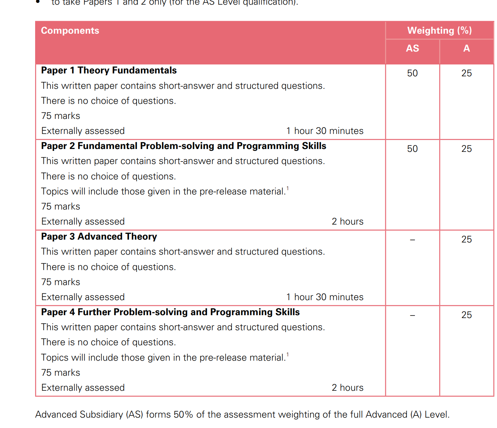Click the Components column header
[x=70, y=31]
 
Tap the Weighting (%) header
[x=439, y=31]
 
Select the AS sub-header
[x=412, y=49]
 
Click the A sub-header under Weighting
[x=466, y=49]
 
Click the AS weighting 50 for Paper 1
[x=412, y=73]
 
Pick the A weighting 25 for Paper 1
[x=466, y=73]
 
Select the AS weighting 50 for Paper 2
[x=412, y=149]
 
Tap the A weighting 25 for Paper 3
[x=466, y=240]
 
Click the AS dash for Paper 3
[x=412, y=240]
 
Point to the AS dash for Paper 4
[x=412, y=316]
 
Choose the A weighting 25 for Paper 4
[x=466, y=315]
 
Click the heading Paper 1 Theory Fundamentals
[x=109, y=71]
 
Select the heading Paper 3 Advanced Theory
[x=99, y=237]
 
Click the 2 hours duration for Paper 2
[x=347, y=222]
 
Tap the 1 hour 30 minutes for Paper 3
[x=325, y=297]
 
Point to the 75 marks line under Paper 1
[x=61, y=116]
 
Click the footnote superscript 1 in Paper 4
[x=287, y=355]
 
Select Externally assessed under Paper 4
[x=83, y=388]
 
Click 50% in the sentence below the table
[x=183, y=415]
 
